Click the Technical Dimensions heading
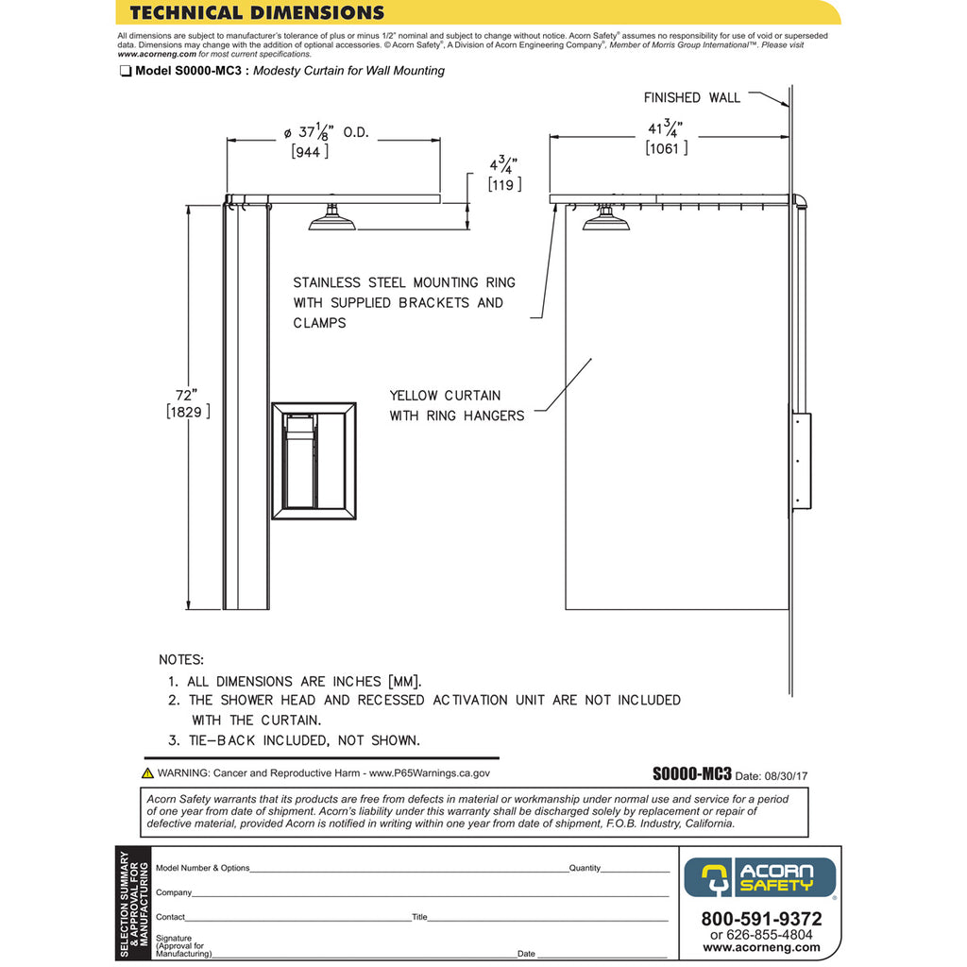tap(257, 12)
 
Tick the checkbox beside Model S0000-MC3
tap(125, 71)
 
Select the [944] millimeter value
tap(310, 151)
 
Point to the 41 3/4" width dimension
tap(667, 128)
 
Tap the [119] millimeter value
tap(504, 184)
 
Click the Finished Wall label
tap(691, 97)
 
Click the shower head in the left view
tap(332, 221)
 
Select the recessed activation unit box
tap(314, 461)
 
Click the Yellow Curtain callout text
tap(456, 405)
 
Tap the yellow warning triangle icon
tap(148, 772)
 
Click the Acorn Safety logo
tap(760, 877)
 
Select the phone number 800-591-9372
tap(761, 919)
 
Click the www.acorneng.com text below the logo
tap(761, 947)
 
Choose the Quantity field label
tap(585, 868)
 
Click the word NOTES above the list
tap(181, 659)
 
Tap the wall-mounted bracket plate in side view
tap(801, 461)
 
